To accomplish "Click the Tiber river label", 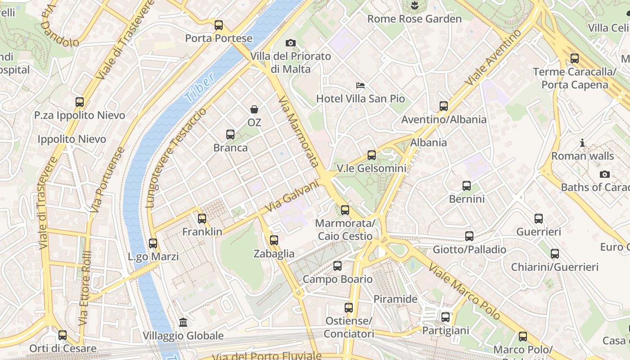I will click(199, 88).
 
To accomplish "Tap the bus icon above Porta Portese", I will click(219, 25).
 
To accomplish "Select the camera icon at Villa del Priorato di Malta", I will click(291, 43).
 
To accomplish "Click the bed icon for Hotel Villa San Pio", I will click(360, 85).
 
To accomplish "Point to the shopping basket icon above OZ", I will click(254, 109).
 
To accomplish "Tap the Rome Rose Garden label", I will click(414, 19).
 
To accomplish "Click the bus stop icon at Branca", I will click(230, 135).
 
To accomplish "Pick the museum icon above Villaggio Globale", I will click(183, 323).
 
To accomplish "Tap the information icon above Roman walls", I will click(582, 143).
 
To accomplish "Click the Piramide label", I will click(396, 299).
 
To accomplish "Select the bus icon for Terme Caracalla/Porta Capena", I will click(575, 58).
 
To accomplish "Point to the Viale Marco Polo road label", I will click(464, 292).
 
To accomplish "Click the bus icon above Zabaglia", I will click(274, 240).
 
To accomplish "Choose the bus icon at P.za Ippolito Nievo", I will click(80, 102).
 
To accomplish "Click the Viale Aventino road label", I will click(494, 57).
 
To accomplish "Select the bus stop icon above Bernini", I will click(467, 186).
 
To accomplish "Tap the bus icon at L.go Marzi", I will click(153, 243).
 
